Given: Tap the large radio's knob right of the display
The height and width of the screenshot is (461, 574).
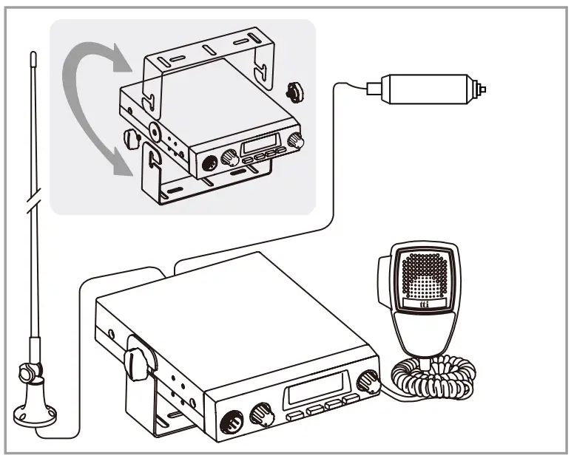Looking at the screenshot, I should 367,380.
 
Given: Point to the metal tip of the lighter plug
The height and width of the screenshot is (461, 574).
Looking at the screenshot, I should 483,89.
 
